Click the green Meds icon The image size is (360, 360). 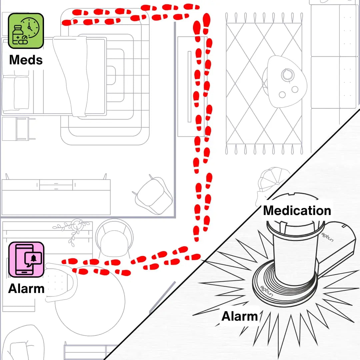pyautogui.click(x=26, y=30)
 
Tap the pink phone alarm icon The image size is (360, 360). pyautogui.click(x=26, y=259)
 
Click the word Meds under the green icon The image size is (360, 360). pyautogui.click(x=26, y=60)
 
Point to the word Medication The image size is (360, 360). pyautogui.click(x=297, y=211)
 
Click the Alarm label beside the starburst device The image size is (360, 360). pyautogui.click(x=239, y=316)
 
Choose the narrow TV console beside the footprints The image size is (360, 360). pyautogui.click(x=188, y=87)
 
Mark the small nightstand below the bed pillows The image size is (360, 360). pyautogui.click(x=18, y=129)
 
